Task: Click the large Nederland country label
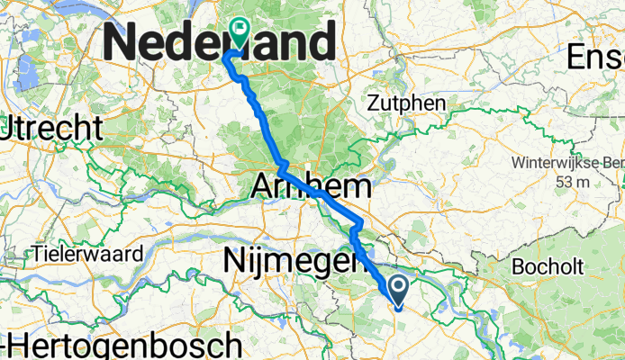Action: (x=222, y=41)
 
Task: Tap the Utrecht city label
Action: (x=50, y=129)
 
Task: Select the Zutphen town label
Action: (x=407, y=104)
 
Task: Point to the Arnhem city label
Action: (x=311, y=187)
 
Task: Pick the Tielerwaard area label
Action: (x=86, y=254)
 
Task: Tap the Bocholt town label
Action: (x=548, y=266)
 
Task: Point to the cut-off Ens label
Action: (x=596, y=58)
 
